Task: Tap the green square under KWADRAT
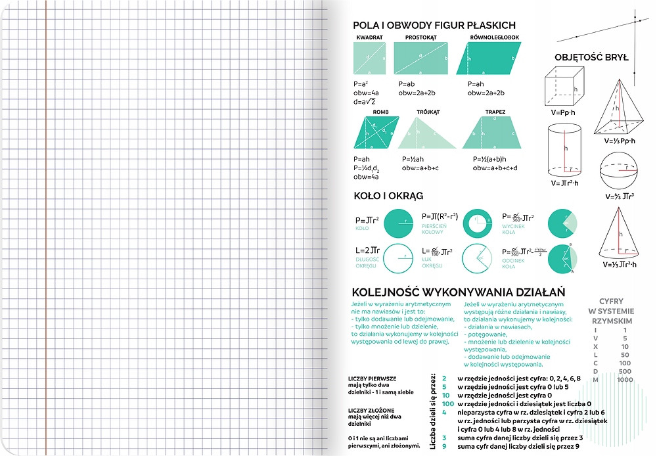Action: click(369, 58)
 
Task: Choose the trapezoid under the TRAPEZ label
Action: click(492, 133)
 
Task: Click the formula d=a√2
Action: click(364, 102)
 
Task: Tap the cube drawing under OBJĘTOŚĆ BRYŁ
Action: click(564, 87)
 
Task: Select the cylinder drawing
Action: click(564, 150)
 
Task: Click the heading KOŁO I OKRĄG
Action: click(388, 196)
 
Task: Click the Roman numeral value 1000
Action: click(625, 380)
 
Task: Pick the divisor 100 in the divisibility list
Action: click(448, 403)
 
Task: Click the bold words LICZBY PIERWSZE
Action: click(372, 378)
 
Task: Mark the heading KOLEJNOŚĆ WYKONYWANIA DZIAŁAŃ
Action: click(459, 292)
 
